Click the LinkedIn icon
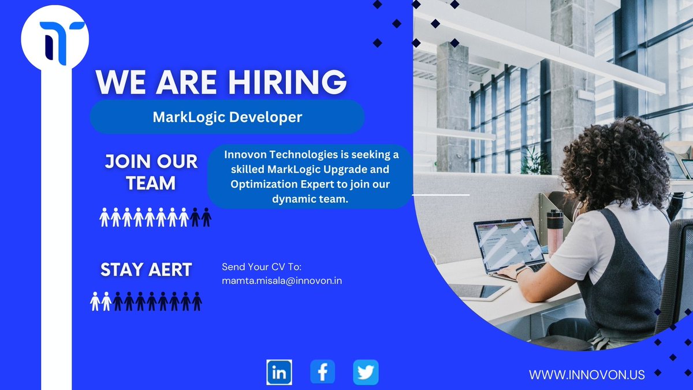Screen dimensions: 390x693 [x=279, y=372]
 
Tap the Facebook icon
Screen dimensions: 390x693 [x=322, y=372]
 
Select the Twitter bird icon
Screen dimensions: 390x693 [x=366, y=372]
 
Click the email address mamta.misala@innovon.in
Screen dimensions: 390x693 [x=282, y=281]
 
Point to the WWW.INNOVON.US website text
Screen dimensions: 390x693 [x=587, y=374]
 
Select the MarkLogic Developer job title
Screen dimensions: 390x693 [x=227, y=117]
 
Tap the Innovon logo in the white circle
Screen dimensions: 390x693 [x=55, y=40]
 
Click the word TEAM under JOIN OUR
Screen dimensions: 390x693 [x=151, y=183]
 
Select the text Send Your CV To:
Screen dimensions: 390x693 [x=262, y=267]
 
